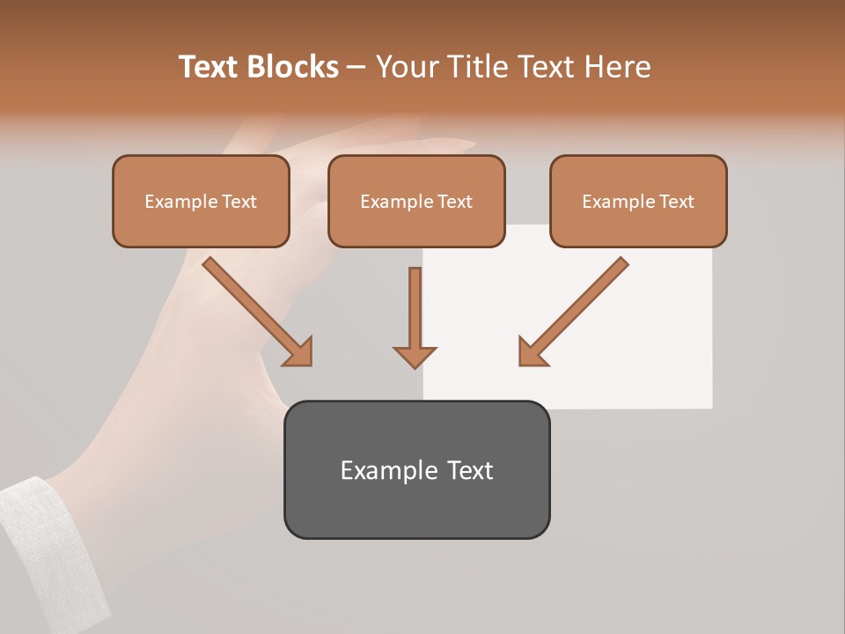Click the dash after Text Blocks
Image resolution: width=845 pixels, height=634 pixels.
[356, 68]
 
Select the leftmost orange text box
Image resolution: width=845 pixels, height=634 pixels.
[201, 201]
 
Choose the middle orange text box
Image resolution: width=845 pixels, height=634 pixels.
[416, 201]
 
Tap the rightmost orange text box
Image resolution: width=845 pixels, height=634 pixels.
[638, 201]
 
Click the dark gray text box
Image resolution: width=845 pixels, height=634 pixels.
[416, 469]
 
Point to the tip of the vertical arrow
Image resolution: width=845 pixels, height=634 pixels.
[415, 365]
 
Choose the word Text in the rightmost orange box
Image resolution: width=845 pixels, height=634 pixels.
[677, 202]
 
